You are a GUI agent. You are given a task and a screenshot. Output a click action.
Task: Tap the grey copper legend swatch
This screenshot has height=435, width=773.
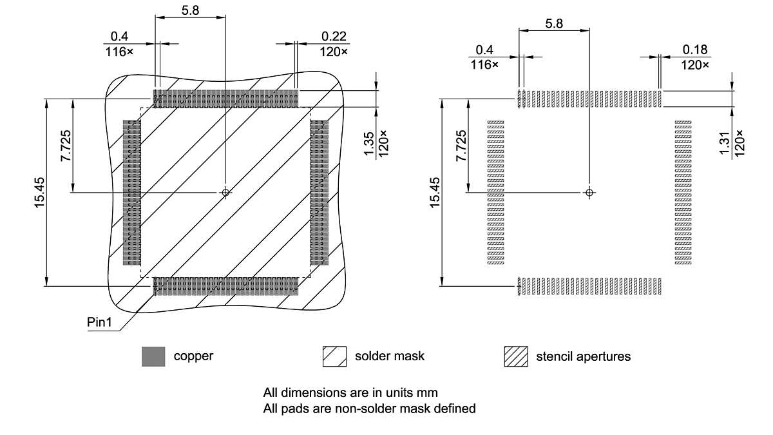point(153,356)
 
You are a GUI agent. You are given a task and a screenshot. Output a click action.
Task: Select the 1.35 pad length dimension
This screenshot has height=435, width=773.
point(369,143)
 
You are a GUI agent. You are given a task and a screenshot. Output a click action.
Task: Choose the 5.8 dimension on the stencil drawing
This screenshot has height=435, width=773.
point(554,24)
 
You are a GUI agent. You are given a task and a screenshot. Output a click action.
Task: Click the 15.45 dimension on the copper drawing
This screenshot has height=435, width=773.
point(39,192)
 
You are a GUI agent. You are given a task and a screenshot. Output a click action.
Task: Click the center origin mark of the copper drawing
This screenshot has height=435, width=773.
point(225,192)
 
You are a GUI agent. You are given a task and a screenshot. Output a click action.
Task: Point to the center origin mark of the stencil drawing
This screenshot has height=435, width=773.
point(589,192)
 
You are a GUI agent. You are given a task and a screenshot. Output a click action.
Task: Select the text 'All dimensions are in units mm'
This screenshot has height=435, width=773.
point(350,392)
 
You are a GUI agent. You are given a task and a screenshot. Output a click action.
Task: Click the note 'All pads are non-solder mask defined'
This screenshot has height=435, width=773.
point(369,408)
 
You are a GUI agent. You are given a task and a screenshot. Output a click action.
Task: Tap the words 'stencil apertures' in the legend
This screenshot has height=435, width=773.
point(583,356)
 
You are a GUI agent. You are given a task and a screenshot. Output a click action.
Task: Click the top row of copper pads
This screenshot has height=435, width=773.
point(225,99)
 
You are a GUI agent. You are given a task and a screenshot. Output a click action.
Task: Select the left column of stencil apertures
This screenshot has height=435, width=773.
point(495,192)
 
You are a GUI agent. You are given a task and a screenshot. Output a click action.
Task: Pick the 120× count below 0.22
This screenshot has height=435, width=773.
point(334,52)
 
